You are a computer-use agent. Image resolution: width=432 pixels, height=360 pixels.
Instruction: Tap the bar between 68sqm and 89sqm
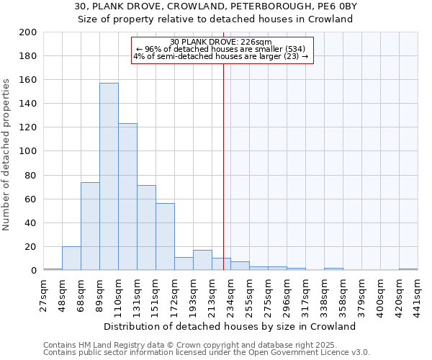click(x=90, y=226)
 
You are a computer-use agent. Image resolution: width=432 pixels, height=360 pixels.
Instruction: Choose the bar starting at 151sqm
click(x=165, y=237)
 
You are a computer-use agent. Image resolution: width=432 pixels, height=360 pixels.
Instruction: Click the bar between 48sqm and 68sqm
click(x=71, y=258)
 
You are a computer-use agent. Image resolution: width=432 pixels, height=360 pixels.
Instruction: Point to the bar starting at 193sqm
click(x=202, y=260)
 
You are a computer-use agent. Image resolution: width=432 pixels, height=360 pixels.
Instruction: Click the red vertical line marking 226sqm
click(x=223, y=166)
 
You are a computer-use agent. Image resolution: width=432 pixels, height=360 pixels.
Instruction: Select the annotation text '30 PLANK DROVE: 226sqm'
click(x=221, y=42)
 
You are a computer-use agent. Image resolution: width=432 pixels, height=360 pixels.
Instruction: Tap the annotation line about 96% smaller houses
click(x=221, y=49)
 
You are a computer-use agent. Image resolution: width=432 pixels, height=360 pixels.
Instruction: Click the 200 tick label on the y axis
click(x=28, y=32)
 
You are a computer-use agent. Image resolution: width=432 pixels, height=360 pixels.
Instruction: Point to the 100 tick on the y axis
click(x=28, y=151)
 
